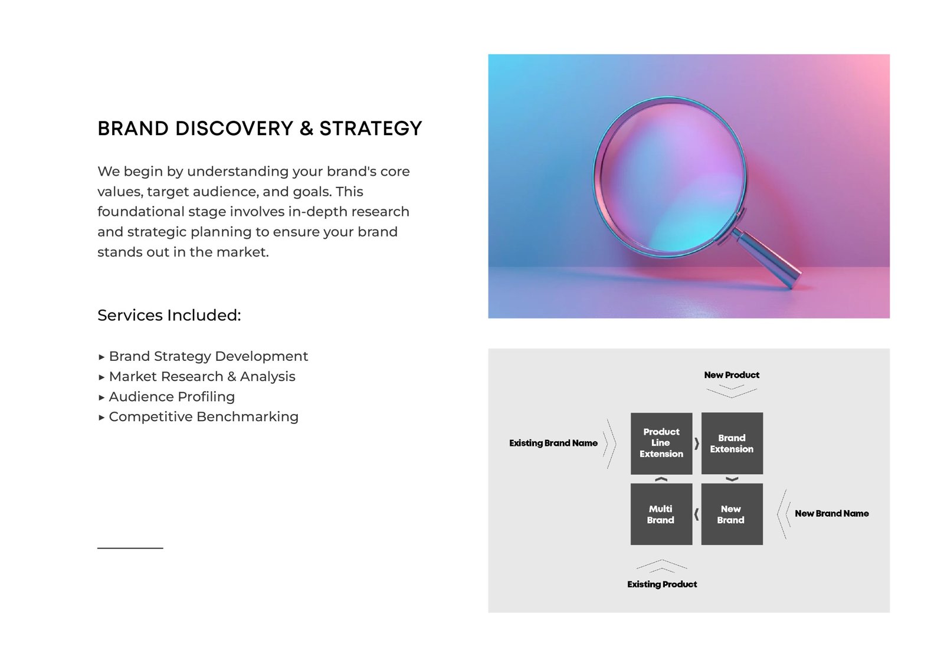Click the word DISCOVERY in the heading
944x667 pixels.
click(x=234, y=129)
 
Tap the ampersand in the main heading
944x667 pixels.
click(x=306, y=129)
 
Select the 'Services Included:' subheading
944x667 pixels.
click(x=169, y=315)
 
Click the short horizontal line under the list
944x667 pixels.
click(x=130, y=548)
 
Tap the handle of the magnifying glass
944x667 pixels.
click(x=767, y=258)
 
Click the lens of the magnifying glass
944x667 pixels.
click(x=670, y=177)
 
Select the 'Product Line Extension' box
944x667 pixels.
click(x=661, y=443)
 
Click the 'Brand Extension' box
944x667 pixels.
click(x=732, y=443)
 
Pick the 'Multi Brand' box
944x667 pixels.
click(x=661, y=514)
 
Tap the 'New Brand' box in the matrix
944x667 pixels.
click(x=732, y=514)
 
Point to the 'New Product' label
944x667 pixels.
click(x=732, y=375)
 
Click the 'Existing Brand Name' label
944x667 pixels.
click(x=553, y=443)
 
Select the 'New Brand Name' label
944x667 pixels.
click(x=831, y=514)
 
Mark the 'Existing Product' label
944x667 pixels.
click(x=662, y=584)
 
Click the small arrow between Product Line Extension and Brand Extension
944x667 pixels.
click(x=697, y=443)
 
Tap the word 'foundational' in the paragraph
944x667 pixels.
click(x=141, y=212)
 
